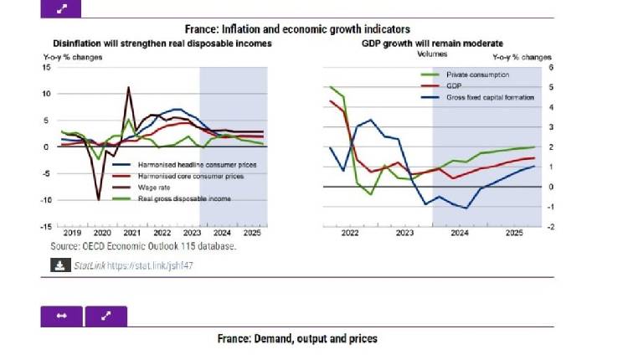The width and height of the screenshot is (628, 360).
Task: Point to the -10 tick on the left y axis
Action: click(46, 200)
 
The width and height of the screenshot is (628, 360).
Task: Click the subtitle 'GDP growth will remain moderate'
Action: click(432, 43)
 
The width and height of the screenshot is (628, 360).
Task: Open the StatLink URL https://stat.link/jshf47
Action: click(155, 266)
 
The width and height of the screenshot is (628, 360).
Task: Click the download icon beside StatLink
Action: click(60, 266)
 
